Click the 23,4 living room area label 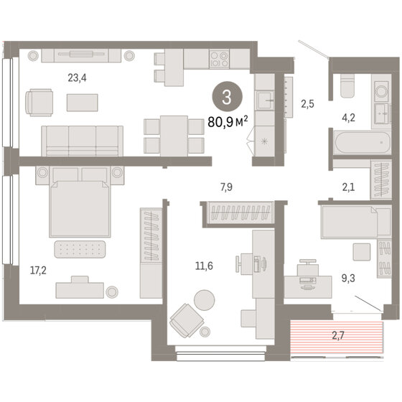77,78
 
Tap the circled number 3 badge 227,97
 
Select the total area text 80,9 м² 228,122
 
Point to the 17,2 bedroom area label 38,270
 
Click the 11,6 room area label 204,266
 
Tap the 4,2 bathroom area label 348,118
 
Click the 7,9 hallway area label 226,187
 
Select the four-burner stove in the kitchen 219,59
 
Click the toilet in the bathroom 348,85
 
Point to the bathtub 363,142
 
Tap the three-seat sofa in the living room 83,141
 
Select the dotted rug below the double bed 80,249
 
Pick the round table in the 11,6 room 205,300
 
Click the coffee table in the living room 83,103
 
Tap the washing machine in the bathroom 381,91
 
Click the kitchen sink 265,100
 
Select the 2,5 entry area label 307,104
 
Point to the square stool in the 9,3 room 362,252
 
